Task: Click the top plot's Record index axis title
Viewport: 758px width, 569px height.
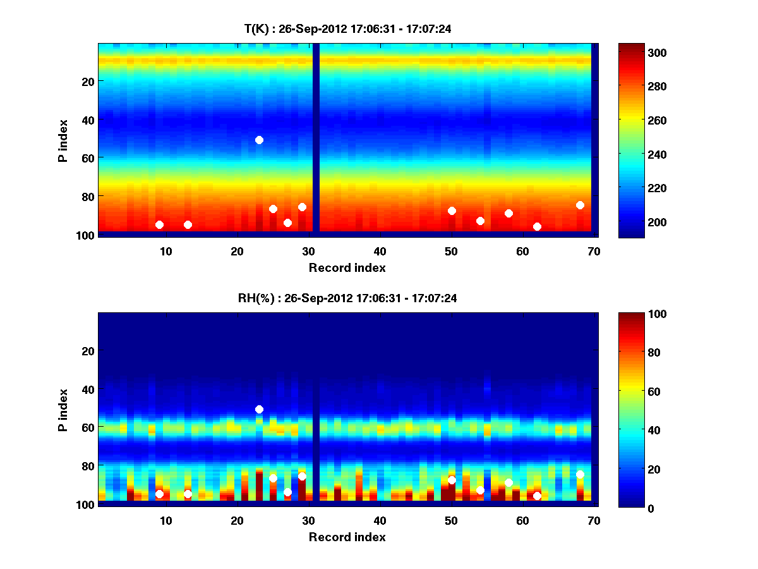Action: pyautogui.click(x=347, y=267)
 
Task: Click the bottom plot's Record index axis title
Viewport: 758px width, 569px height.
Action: pyautogui.click(x=347, y=537)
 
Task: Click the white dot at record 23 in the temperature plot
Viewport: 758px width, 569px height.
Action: pyautogui.click(x=259, y=140)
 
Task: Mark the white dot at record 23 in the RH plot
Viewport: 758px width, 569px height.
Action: pyautogui.click(x=259, y=409)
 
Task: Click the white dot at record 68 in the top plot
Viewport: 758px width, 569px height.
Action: pyautogui.click(x=580, y=205)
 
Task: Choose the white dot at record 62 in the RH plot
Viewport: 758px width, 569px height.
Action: pyautogui.click(x=537, y=496)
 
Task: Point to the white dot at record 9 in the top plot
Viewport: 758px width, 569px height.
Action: pyautogui.click(x=159, y=224)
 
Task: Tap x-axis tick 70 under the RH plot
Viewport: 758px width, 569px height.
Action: pyautogui.click(x=594, y=520)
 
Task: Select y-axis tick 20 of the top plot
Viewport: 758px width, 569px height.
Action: pyautogui.click(x=87, y=82)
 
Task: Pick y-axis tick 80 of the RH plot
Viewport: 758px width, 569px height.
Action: pyautogui.click(x=87, y=466)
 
